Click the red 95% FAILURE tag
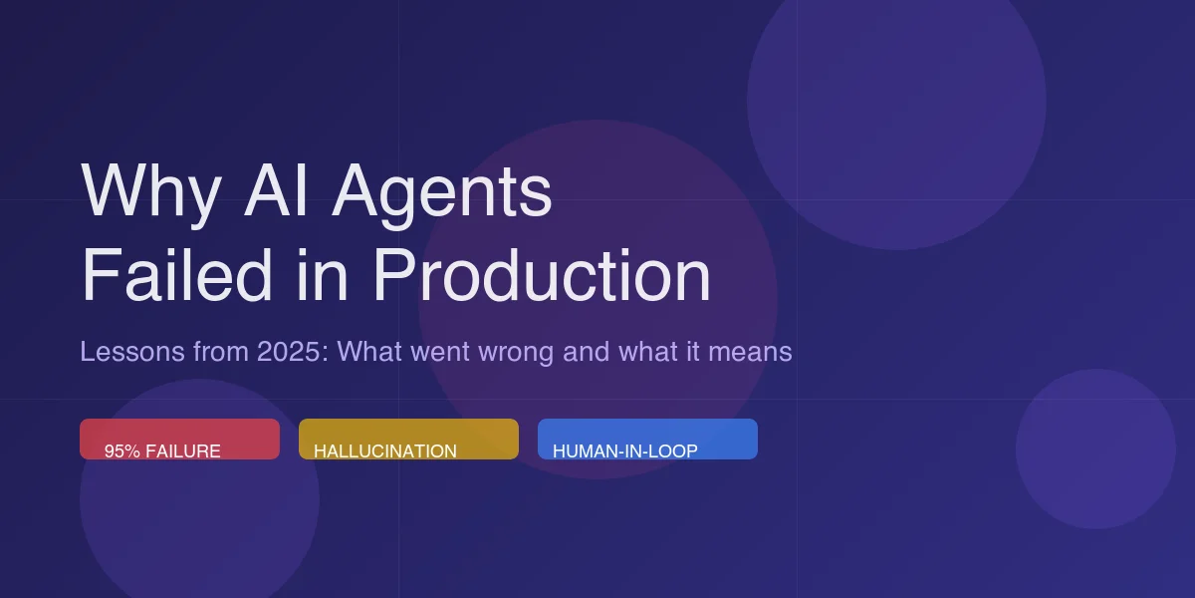tap(179, 440)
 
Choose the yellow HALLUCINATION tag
tap(408, 440)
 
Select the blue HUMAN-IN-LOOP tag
tap(647, 440)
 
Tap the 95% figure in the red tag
tap(122, 451)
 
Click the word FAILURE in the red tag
tap(183, 451)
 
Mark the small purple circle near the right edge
tap(1095, 448)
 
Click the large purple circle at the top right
tap(896, 100)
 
